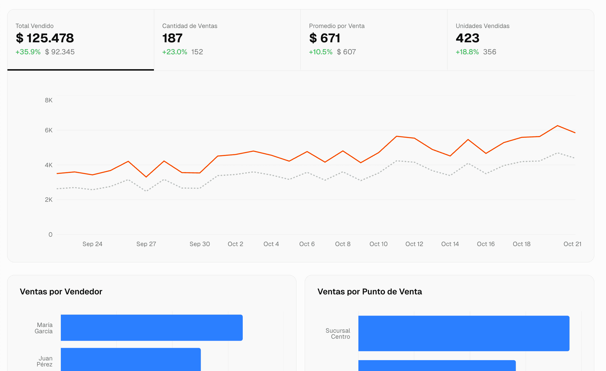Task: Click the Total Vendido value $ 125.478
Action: pos(45,38)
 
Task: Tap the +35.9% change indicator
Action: pos(28,52)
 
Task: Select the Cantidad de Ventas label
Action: pos(190,26)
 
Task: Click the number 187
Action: pos(172,38)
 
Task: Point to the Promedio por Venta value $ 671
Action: pos(324,38)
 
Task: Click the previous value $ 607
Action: pos(346,52)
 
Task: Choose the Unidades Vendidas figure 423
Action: pos(467,38)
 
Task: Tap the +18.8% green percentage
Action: pos(467,52)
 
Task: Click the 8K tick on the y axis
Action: pos(49,100)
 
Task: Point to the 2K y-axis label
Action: pos(49,200)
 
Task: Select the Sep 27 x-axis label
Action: pos(146,244)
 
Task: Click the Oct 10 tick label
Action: pos(378,244)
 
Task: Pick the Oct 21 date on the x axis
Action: pos(572,244)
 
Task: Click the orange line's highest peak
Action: pos(557,126)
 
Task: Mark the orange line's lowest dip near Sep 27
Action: pos(146,177)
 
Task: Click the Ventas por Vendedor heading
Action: pos(61,292)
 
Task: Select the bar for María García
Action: pos(152,328)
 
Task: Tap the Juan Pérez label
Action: pos(45,361)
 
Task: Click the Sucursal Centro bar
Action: pos(464,333)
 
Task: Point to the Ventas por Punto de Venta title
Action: pos(370,292)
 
